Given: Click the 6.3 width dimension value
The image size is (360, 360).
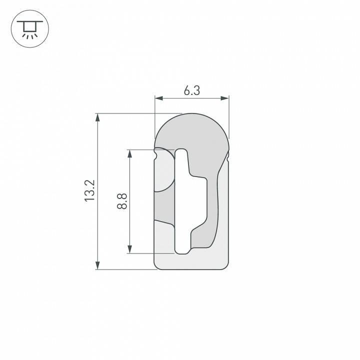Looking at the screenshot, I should click(x=191, y=90).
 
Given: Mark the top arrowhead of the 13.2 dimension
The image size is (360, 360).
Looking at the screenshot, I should click(x=98, y=117).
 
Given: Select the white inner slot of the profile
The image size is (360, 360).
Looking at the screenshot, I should click(x=183, y=200).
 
